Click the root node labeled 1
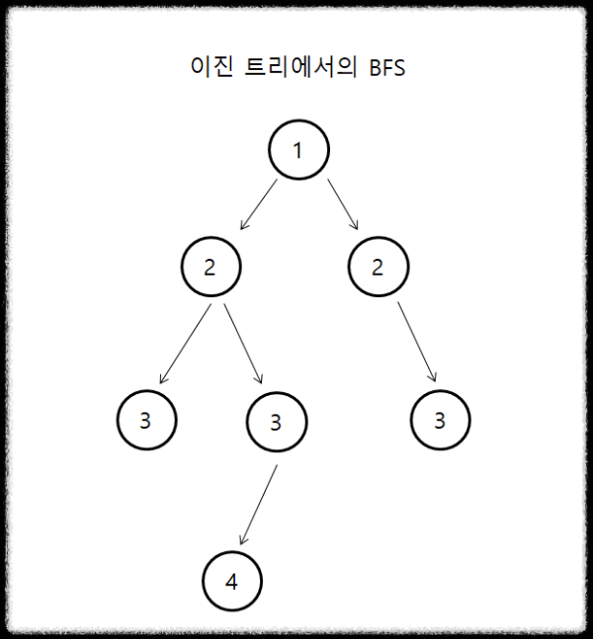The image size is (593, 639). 298,150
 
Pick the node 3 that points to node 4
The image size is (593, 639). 276,422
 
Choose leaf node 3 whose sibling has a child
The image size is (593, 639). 145,420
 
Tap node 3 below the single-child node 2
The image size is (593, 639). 440,420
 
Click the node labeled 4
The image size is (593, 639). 231,581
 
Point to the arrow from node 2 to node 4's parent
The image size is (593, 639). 242,343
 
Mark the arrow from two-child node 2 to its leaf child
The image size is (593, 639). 186,343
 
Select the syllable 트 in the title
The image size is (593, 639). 253,69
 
